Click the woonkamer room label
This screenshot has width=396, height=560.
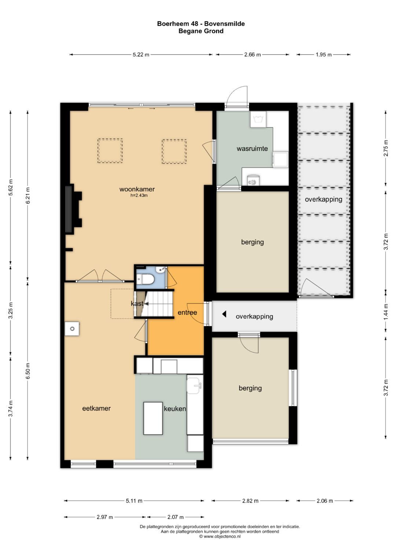tap(137, 189)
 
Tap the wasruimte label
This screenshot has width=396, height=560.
tap(252, 149)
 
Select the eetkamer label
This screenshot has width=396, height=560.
tap(96, 408)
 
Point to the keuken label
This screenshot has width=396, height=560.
tap(175, 409)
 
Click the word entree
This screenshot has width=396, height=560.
tap(187, 312)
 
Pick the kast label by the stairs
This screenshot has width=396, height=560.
tap(137, 304)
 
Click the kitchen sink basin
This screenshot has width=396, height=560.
tap(194, 386)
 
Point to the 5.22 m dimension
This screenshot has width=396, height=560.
tap(141, 55)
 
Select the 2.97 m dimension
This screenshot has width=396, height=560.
tap(105, 517)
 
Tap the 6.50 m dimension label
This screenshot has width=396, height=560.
tap(28, 371)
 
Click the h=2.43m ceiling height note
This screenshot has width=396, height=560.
tap(139, 195)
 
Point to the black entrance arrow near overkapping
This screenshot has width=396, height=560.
tap(224, 314)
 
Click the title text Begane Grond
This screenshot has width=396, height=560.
tap(201, 31)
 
